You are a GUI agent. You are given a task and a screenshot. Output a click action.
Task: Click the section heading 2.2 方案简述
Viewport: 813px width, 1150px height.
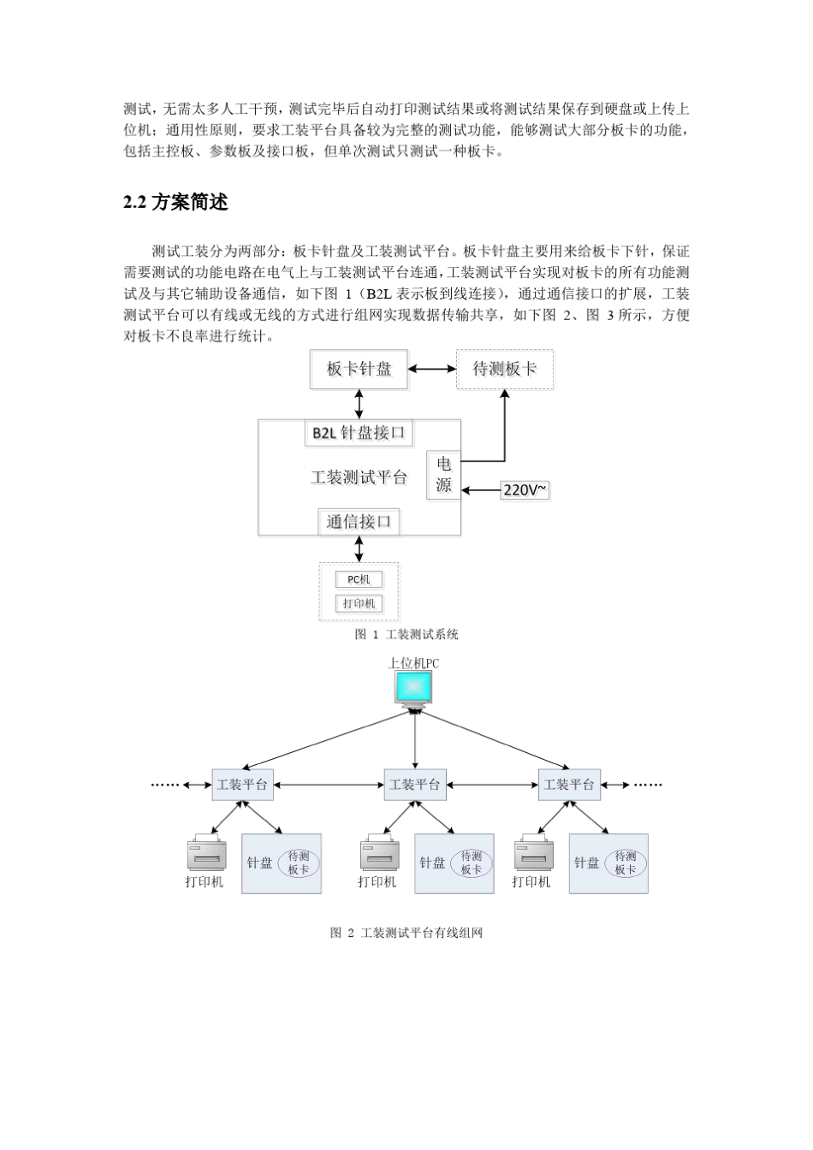[x=175, y=203]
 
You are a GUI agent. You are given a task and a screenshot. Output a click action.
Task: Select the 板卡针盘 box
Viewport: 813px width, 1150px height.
[x=359, y=369]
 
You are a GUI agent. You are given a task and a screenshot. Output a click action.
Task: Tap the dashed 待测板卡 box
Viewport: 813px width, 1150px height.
[x=504, y=369]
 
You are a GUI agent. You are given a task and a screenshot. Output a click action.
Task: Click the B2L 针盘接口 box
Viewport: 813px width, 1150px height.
[x=359, y=433]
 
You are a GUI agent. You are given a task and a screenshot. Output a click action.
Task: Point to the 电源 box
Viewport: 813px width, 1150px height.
[x=443, y=475]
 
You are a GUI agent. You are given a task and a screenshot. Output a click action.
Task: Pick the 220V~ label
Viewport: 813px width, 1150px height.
[x=525, y=490]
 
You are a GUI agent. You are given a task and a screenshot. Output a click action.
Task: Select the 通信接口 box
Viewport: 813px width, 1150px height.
[x=359, y=521]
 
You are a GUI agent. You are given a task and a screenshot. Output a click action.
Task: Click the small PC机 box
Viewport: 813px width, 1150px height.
[x=359, y=579]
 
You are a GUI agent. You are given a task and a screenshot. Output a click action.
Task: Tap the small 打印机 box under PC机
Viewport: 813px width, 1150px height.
[x=359, y=603]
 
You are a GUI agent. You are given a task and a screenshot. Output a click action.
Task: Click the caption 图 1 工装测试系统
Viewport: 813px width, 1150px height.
[x=406, y=634]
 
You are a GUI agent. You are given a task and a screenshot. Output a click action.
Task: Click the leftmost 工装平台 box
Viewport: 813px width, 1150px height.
[x=242, y=784]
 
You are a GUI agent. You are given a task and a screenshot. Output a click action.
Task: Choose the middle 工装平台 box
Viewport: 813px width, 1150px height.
[x=414, y=784]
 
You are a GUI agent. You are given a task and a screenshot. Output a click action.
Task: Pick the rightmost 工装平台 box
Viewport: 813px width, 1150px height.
[x=569, y=784]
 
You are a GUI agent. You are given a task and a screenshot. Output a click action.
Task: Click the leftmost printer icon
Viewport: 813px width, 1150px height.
[x=206, y=855]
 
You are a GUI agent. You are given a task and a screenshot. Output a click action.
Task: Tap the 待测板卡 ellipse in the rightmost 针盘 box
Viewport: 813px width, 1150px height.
[x=626, y=862]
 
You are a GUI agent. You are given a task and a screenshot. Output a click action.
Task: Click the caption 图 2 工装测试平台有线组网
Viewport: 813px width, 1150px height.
[x=406, y=933]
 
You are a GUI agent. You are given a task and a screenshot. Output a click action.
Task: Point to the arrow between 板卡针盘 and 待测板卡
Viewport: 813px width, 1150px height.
[x=432, y=369]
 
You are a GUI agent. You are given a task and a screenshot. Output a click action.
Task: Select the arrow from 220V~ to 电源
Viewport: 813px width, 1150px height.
[x=481, y=490]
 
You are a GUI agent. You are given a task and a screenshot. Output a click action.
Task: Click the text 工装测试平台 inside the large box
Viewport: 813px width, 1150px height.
[x=359, y=477]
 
